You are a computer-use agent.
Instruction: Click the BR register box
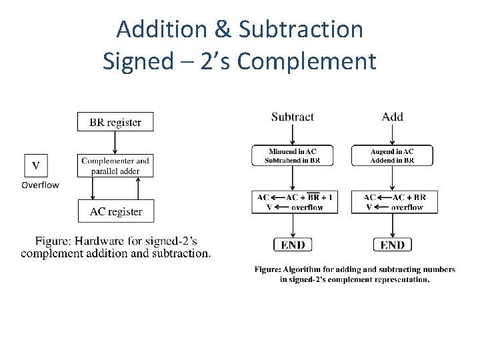[115, 122]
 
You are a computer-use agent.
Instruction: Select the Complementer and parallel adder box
[115, 166]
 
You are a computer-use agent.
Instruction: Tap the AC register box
[115, 211]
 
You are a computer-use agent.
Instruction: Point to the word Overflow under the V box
[40, 185]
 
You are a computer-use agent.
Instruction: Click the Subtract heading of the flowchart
[292, 117]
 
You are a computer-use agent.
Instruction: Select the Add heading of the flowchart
[392, 117]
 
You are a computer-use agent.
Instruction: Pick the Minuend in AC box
[293, 155]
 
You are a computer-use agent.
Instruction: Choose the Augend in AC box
[392, 155]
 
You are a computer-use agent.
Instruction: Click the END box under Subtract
[293, 245]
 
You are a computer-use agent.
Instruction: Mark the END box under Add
[392, 245]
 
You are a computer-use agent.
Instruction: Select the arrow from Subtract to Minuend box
[293, 135]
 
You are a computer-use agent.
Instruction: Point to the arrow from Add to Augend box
[392, 135]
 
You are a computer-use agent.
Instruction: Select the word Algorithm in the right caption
[305, 269]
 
